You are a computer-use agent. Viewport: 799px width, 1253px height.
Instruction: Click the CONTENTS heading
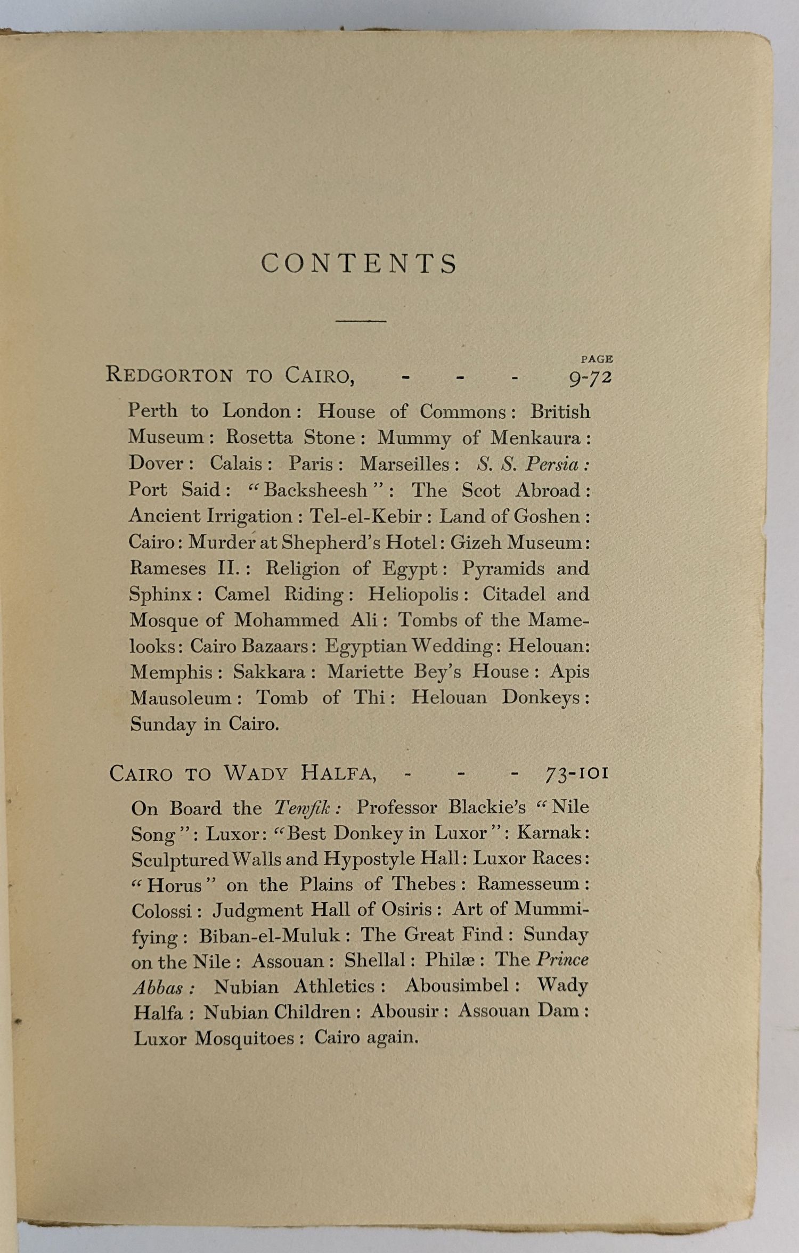[360, 263]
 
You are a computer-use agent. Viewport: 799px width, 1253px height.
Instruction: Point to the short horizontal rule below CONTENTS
[361, 321]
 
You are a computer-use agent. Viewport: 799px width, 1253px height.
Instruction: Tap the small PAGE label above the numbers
[597, 359]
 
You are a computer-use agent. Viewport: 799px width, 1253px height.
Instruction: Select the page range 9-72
[590, 377]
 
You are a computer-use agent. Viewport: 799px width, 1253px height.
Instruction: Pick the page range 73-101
[577, 772]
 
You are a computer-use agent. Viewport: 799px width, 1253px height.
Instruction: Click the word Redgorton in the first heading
[169, 375]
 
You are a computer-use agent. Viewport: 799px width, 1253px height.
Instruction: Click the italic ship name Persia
[552, 464]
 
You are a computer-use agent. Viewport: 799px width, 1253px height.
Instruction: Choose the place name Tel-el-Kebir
[366, 516]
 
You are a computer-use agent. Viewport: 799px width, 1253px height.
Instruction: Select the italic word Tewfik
[305, 807]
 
